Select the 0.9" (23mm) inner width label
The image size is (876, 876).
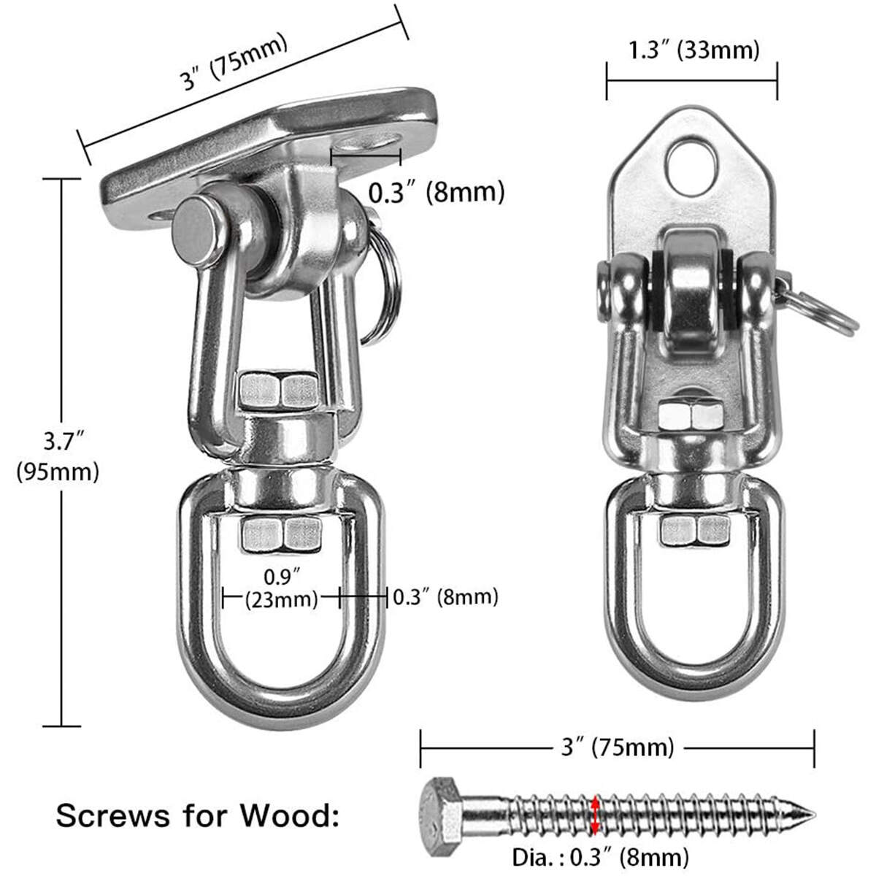(282, 588)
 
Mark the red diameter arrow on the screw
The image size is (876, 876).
(596, 813)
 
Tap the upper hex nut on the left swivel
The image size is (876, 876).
(279, 390)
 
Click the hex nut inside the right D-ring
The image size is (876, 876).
(694, 529)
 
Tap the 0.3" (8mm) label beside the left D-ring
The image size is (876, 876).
(445, 597)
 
